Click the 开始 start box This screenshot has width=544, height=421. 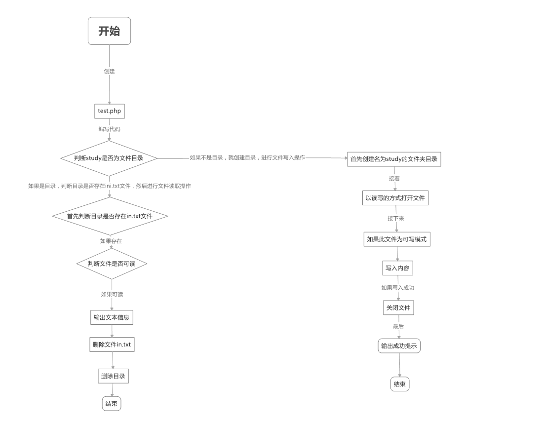[x=109, y=31]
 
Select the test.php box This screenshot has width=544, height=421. [x=109, y=111]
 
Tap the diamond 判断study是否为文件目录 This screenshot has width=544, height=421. [x=109, y=158]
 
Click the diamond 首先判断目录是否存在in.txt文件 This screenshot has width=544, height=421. [x=110, y=216]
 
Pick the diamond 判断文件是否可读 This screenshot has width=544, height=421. [x=112, y=264]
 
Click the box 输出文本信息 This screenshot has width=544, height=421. [x=112, y=317]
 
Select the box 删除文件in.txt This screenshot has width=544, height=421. [x=112, y=344]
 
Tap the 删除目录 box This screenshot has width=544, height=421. [x=113, y=376]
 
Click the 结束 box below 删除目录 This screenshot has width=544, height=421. [x=112, y=404]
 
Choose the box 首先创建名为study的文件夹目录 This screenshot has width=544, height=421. [x=394, y=159]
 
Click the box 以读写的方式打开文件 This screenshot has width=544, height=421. [x=395, y=198]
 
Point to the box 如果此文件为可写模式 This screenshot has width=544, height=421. [x=396, y=239]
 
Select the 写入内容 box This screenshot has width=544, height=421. [x=397, y=268]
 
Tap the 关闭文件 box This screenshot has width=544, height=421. [x=398, y=308]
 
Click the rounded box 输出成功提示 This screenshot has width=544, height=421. [x=399, y=346]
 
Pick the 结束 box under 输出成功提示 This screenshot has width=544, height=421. [x=400, y=384]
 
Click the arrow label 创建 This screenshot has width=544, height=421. [x=109, y=72]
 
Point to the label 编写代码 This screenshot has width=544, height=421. [x=109, y=129]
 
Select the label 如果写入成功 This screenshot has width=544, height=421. [x=397, y=288]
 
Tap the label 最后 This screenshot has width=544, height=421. [x=398, y=326]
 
